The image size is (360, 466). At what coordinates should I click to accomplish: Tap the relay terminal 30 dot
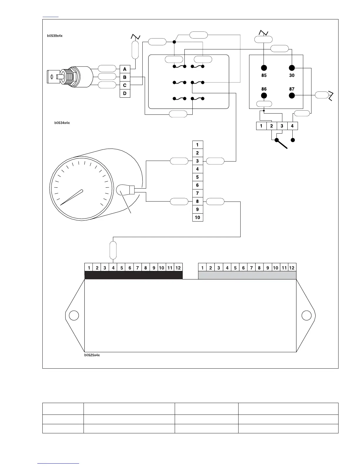click(x=292, y=68)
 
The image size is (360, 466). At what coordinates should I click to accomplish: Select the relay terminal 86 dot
click(x=264, y=95)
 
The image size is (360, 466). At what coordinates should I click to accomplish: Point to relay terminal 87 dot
click(x=292, y=95)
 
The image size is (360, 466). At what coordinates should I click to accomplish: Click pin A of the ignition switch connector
click(x=125, y=69)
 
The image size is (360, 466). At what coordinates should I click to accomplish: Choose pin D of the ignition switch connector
click(x=125, y=93)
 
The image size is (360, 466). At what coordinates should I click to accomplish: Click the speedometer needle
click(x=72, y=197)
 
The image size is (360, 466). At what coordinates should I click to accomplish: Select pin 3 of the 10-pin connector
click(x=198, y=161)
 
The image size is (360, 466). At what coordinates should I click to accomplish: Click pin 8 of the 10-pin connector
click(x=198, y=202)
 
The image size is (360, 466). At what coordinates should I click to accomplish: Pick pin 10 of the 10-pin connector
click(x=198, y=218)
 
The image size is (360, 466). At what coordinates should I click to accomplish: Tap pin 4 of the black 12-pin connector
click(x=113, y=268)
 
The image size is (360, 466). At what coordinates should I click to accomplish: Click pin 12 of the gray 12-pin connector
click(x=292, y=268)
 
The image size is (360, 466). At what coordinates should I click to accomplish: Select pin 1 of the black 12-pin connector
click(x=89, y=268)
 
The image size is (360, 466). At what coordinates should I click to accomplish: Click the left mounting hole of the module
click(x=74, y=315)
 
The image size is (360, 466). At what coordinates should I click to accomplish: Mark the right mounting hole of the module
click(x=306, y=315)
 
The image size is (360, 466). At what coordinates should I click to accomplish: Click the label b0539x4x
click(x=55, y=36)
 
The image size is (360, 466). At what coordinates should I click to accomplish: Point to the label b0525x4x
click(x=92, y=355)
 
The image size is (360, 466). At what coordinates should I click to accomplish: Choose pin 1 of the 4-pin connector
click(x=261, y=126)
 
